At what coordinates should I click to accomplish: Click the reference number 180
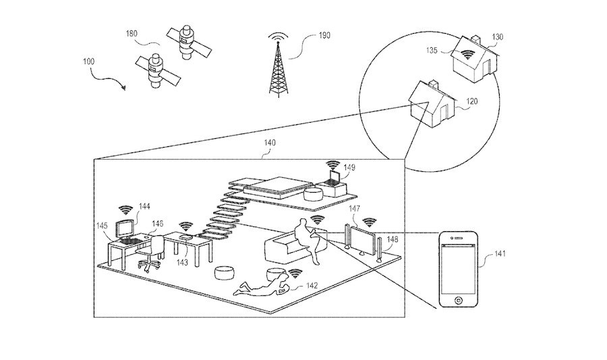pos(132,34)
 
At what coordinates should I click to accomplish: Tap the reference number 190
pos(324,35)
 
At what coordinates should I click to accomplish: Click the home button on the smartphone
pos(459,299)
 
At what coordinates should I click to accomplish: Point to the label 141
pos(500,253)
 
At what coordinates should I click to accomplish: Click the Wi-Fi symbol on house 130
pos(468,55)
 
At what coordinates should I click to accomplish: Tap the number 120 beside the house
pos(472,101)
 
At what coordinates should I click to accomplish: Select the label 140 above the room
pos(270,143)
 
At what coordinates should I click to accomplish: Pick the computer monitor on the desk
pos(125,229)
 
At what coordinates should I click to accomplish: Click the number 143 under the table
pos(182,263)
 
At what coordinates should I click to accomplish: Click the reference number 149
pos(349,168)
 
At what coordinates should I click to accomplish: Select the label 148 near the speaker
pos(392,239)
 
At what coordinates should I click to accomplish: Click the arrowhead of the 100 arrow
pos(124,87)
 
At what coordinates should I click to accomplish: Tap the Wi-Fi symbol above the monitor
pos(125,210)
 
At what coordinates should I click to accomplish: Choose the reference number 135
pos(432,51)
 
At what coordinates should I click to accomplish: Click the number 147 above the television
pos(354,208)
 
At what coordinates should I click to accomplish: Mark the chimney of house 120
pos(433,83)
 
